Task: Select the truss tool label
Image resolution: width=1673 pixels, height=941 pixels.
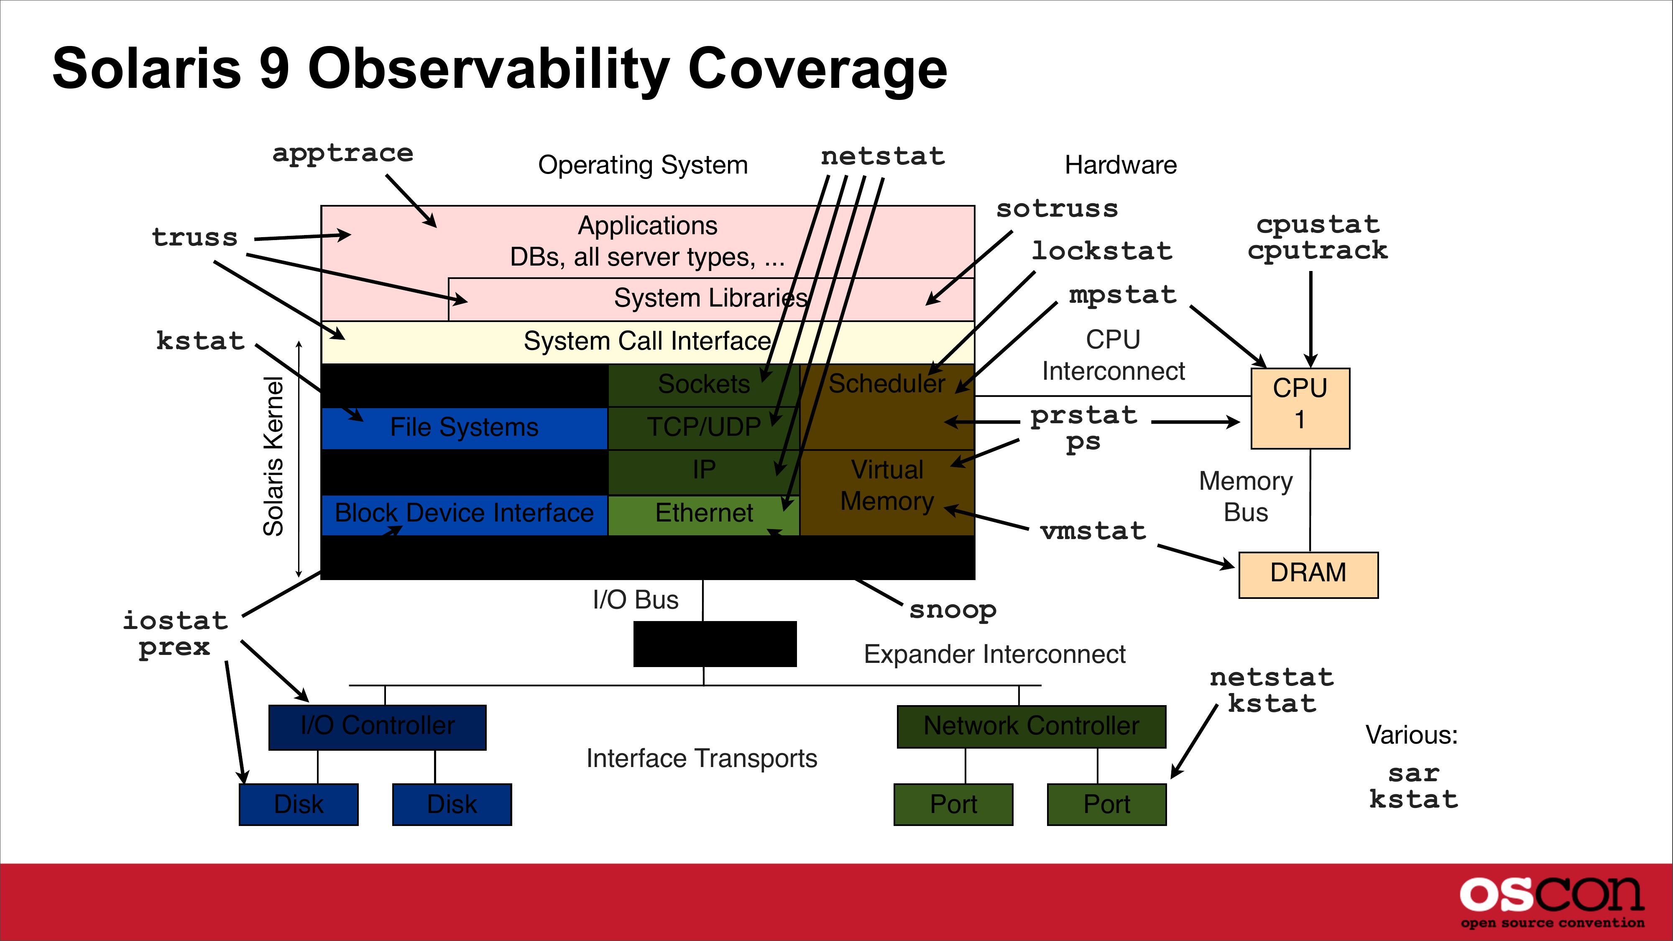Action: (x=195, y=238)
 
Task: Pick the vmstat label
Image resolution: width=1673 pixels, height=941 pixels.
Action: (x=1093, y=531)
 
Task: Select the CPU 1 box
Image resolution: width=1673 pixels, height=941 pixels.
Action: (x=1300, y=408)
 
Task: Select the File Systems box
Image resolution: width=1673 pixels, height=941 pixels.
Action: (x=464, y=428)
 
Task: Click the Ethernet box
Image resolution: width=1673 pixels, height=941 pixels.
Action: (x=704, y=514)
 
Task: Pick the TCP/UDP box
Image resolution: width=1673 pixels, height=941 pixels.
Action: (x=704, y=427)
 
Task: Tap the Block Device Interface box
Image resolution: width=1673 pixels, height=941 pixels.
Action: (x=464, y=514)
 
